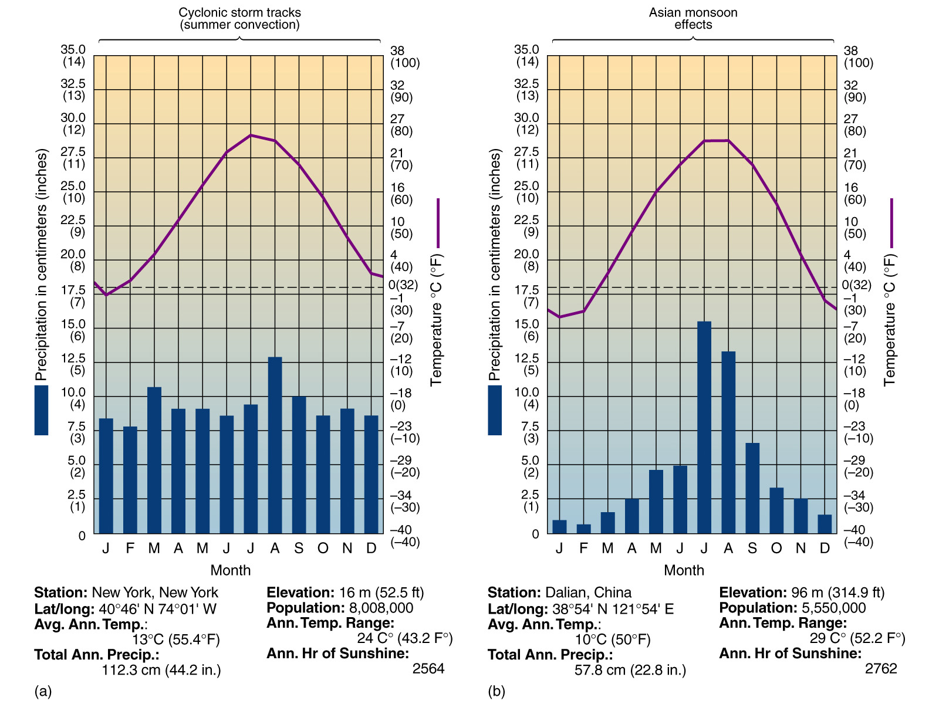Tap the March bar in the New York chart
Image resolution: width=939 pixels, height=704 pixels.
pyautogui.click(x=154, y=460)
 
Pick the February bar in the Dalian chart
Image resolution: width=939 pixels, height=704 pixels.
pyautogui.click(x=583, y=529)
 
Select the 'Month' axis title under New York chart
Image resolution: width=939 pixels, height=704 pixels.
pyautogui.click(x=230, y=570)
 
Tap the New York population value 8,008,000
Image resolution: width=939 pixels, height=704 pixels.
pyautogui.click(x=381, y=608)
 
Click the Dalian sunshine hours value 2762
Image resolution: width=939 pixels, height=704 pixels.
pyautogui.click(x=881, y=669)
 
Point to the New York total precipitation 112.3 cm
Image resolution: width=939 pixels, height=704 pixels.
pyautogui.click(x=161, y=670)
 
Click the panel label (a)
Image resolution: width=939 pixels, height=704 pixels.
pyautogui.click(x=43, y=691)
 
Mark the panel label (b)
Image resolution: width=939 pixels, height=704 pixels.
pyautogui.click(x=496, y=691)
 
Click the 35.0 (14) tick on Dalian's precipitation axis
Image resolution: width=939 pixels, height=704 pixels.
pyautogui.click(x=526, y=56)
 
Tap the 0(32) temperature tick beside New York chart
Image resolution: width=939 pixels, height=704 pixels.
pyautogui.click(x=403, y=285)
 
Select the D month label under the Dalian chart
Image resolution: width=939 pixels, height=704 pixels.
pyautogui.click(x=825, y=548)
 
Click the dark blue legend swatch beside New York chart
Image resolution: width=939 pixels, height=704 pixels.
pyautogui.click(x=41, y=410)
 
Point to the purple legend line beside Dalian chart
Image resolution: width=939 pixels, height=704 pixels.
pyautogui.click(x=891, y=223)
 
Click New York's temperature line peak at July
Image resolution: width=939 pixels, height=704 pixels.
pyautogui.click(x=251, y=135)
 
